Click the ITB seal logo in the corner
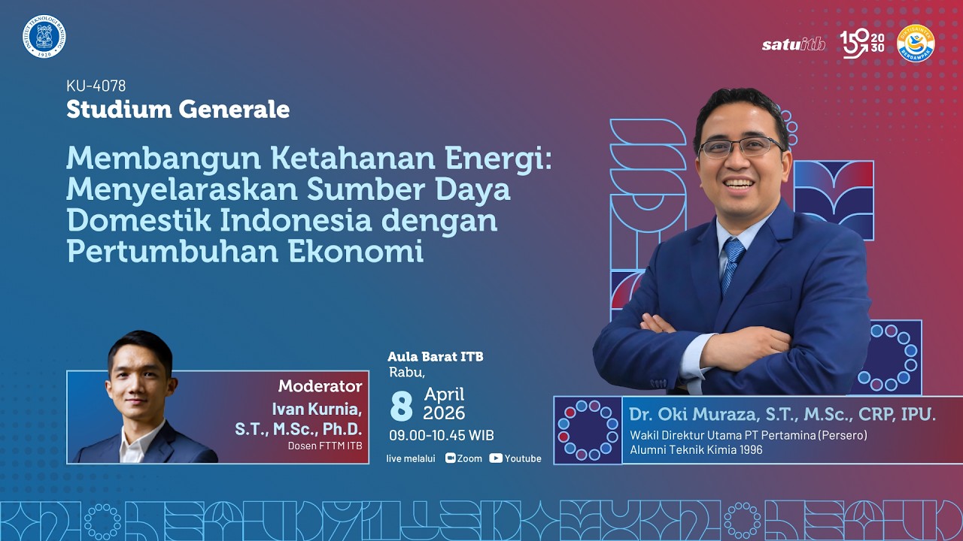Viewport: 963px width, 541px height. (44, 36)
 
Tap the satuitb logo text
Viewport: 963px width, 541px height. (793, 44)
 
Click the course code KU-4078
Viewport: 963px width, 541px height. (96, 86)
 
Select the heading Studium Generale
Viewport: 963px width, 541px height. (178, 109)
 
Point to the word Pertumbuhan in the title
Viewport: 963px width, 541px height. (172, 252)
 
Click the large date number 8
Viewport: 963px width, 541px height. (402, 406)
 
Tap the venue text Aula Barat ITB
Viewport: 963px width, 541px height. (435, 356)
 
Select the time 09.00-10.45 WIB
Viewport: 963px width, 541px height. (441, 435)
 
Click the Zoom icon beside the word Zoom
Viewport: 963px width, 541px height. (451, 458)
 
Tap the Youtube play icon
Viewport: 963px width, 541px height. (496, 458)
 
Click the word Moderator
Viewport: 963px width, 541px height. (320, 386)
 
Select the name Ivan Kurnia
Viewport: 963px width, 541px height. (317, 410)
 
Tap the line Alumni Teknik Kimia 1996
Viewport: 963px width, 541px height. (696, 449)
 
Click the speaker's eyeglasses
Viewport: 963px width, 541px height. (741, 146)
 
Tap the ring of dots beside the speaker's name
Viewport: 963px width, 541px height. (587, 430)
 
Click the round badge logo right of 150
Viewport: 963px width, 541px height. (916, 43)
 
